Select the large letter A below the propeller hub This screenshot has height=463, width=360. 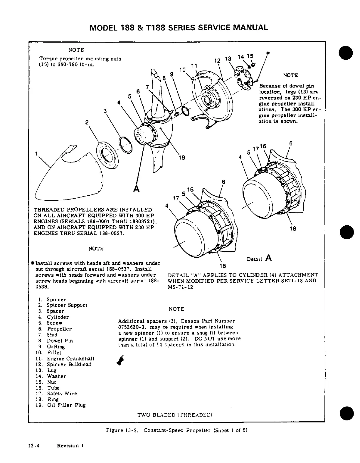[136, 188]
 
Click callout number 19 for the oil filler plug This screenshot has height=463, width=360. [182, 157]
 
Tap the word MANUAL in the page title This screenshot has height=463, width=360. [249, 28]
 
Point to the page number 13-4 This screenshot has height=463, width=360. [34, 446]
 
